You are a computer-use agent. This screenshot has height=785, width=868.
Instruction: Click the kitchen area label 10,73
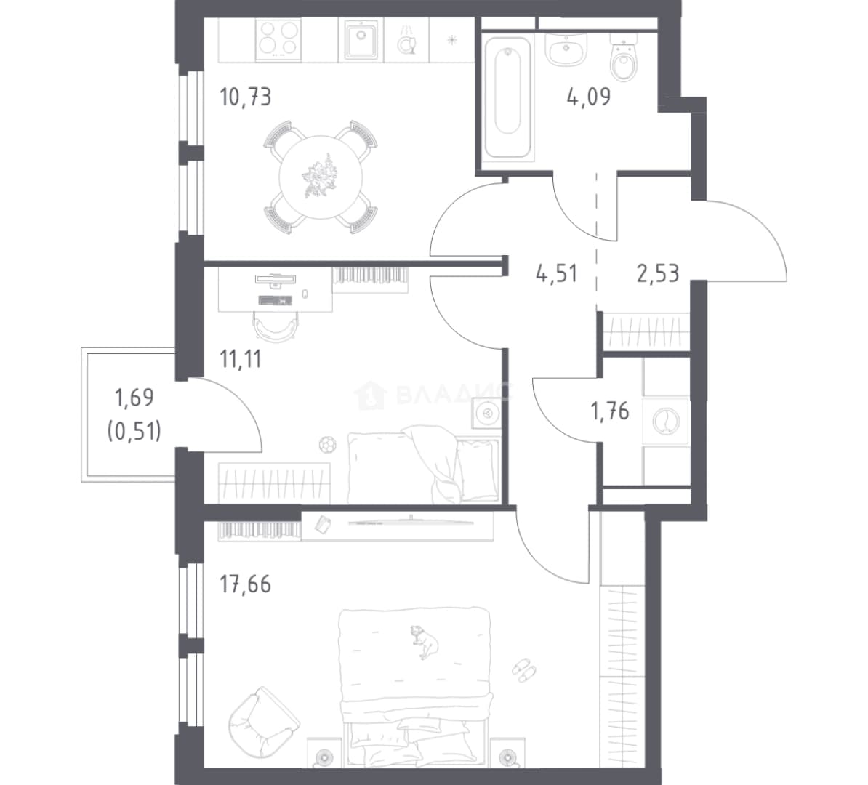click(x=246, y=97)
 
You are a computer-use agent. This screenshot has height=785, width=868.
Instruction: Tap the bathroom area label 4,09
click(x=588, y=97)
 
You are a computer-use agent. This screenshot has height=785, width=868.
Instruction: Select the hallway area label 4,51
click(x=556, y=273)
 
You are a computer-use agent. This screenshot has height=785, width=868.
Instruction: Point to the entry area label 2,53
click(x=658, y=273)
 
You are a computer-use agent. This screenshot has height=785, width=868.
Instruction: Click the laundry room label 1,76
click(x=610, y=411)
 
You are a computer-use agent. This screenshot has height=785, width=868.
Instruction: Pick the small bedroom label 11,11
click(x=240, y=360)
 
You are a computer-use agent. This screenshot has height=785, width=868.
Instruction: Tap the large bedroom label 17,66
click(x=246, y=584)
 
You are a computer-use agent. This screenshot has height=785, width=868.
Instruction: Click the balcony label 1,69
click(x=134, y=398)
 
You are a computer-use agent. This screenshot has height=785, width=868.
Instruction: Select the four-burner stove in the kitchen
click(x=278, y=39)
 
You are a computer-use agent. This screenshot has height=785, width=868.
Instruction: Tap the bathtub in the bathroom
click(x=507, y=97)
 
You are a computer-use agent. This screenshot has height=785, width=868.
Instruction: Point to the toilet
click(x=624, y=56)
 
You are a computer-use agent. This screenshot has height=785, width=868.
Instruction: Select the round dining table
click(x=321, y=177)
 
